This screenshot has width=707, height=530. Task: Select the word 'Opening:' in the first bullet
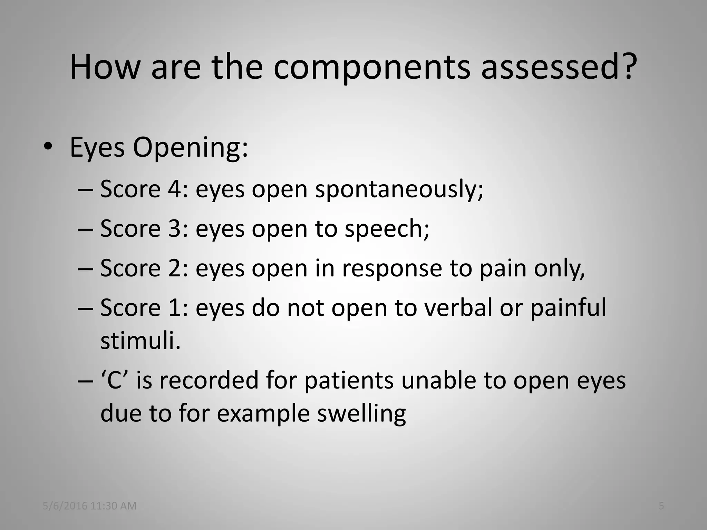tap(190, 148)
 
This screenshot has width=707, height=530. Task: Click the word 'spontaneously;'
tap(399, 190)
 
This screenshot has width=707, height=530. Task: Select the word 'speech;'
tap(387, 229)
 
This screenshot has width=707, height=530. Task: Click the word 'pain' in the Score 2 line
tap(503, 268)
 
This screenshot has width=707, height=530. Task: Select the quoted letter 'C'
tap(116, 380)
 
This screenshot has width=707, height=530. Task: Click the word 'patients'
tap(349, 380)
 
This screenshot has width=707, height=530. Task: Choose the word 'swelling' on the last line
tap(361, 413)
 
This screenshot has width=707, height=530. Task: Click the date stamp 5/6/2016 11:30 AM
tap(89, 506)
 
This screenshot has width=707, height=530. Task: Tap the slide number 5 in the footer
tap(661, 506)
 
